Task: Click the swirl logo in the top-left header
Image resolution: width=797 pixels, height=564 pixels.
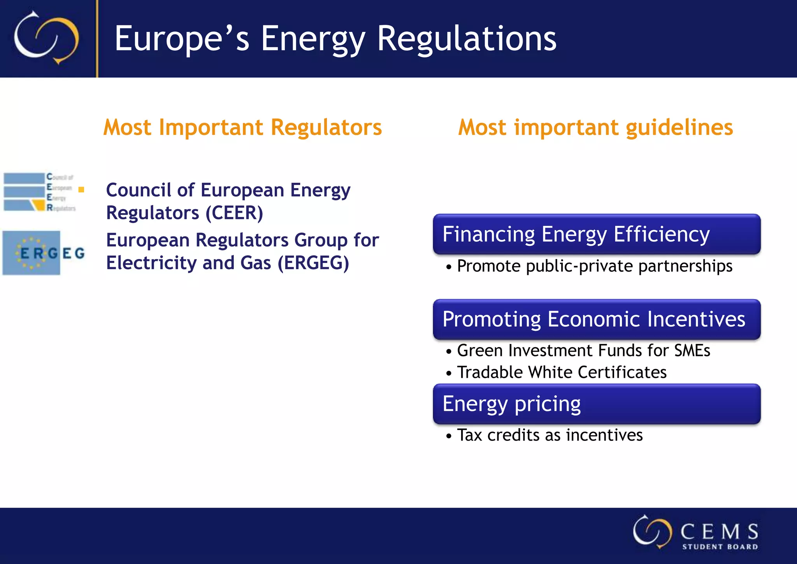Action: pyautogui.click(x=46, y=38)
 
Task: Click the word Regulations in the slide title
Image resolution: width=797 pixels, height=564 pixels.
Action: pyautogui.click(x=467, y=39)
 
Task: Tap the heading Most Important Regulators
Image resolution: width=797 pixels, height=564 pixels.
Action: pyautogui.click(x=242, y=127)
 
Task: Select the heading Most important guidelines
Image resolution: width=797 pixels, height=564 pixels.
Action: pyautogui.click(x=595, y=127)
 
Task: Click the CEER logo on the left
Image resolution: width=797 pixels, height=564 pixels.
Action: pyautogui.click(x=39, y=192)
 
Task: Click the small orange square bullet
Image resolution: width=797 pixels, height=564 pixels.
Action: pyautogui.click(x=81, y=190)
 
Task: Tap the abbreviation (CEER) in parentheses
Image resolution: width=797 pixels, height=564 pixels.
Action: pyautogui.click(x=234, y=213)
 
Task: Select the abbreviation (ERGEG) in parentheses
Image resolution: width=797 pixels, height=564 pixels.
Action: pyautogui.click(x=313, y=263)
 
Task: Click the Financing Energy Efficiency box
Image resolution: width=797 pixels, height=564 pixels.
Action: pyautogui.click(x=597, y=234)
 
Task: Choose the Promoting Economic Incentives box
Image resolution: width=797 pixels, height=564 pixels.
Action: pyautogui.click(x=597, y=319)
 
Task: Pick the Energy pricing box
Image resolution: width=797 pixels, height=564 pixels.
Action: pyautogui.click(x=597, y=404)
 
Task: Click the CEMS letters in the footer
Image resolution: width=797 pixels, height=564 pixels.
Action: pyautogui.click(x=719, y=532)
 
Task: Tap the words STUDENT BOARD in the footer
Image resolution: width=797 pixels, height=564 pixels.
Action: pyautogui.click(x=720, y=547)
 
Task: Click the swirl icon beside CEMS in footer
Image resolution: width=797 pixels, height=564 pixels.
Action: pyautogui.click(x=652, y=532)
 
